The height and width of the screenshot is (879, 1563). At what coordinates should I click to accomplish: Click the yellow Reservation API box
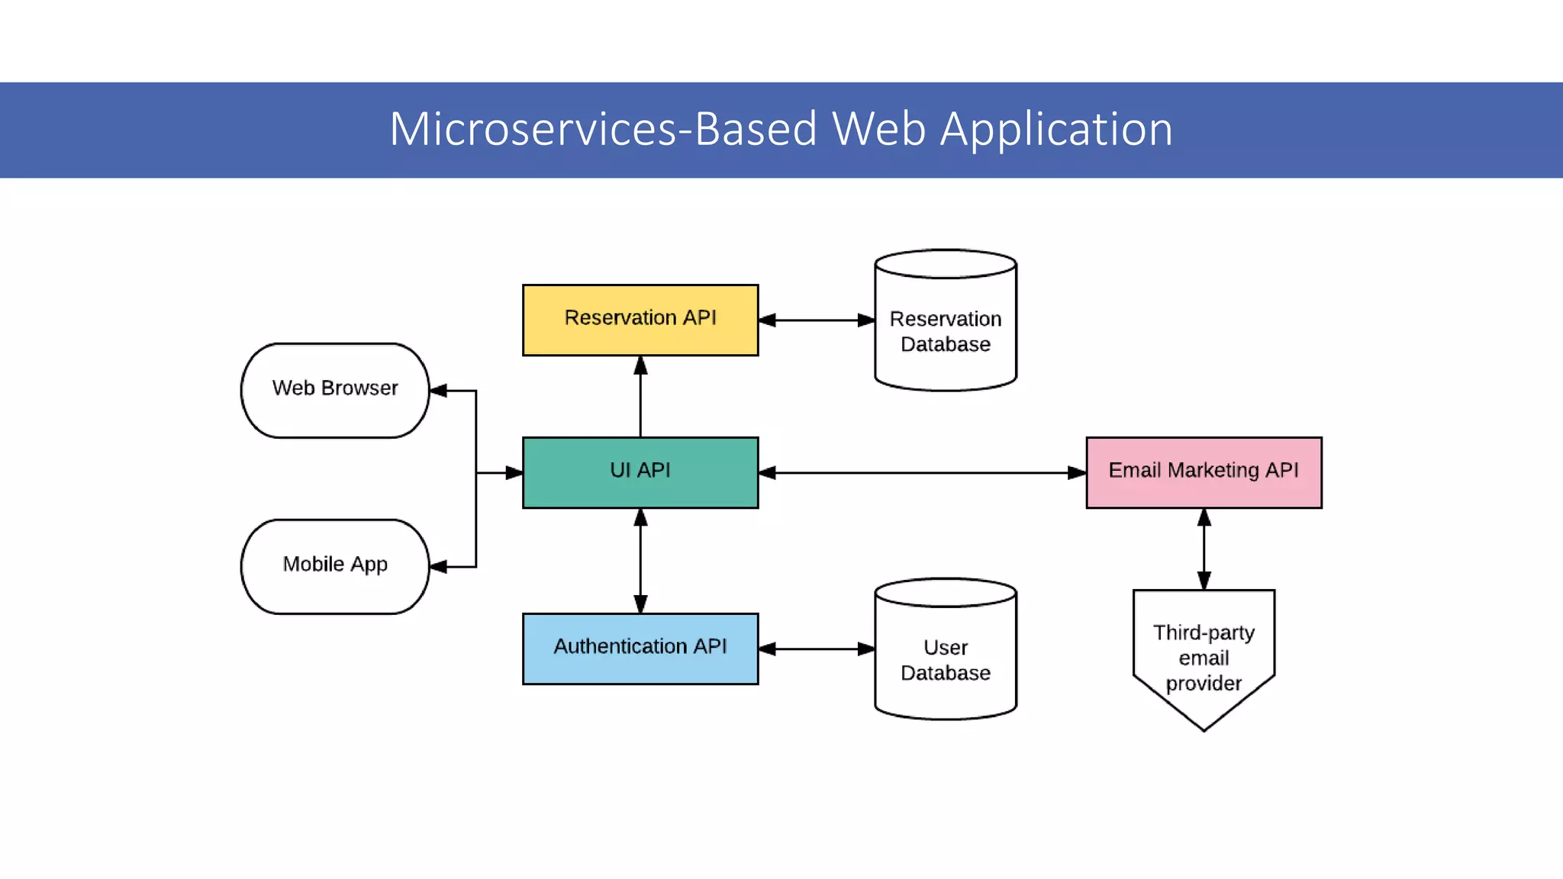coord(640,320)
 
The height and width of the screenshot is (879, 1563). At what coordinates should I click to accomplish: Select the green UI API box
coord(640,472)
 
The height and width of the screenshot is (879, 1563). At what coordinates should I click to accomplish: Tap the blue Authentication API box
coord(640,649)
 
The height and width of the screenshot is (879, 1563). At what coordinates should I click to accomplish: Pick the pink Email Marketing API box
coord(1204,472)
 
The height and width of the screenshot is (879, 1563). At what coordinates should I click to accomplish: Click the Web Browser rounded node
coord(335,390)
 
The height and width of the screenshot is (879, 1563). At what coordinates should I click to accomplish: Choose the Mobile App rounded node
coord(335,566)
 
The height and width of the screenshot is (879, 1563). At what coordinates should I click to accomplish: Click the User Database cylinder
coord(946,658)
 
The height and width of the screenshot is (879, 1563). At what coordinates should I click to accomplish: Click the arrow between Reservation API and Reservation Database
coord(817,320)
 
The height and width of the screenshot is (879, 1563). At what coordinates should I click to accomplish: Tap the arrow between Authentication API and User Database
coord(817,649)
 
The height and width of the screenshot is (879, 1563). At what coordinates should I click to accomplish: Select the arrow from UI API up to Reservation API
coord(640,397)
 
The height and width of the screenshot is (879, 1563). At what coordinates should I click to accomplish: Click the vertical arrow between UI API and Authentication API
coord(640,561)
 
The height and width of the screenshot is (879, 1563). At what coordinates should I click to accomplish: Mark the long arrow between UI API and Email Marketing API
coord(922,473)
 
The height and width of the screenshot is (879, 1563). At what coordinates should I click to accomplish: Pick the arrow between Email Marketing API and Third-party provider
coord(1204,549)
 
